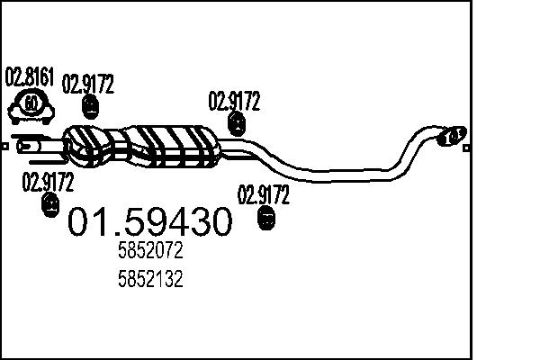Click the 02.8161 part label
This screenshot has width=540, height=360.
coord(30,76)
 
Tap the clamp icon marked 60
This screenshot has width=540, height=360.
coord(31,105)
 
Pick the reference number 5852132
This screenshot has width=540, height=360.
coord(150,280)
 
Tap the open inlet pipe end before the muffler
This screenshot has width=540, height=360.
coord(27,143)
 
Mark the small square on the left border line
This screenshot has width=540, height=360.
coord(4,143)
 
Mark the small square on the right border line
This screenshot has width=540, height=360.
coord(466,143)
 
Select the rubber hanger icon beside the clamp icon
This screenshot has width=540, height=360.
coord(90,107)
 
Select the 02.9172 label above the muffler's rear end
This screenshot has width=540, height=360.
coord(234,101)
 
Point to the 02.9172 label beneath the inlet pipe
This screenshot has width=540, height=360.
coord(48,183)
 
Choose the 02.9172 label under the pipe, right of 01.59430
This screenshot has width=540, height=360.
coord(263,193)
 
